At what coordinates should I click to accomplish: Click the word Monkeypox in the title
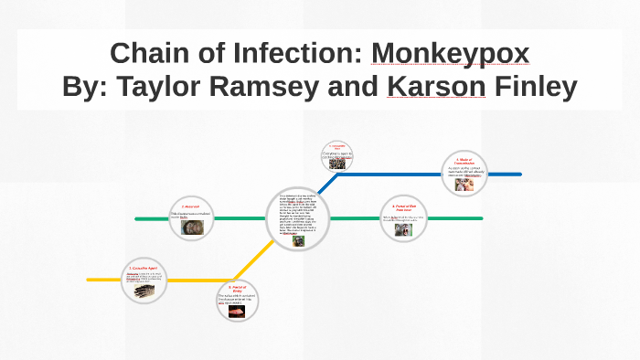click(450, 54)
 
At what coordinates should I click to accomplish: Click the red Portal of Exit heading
click(402, 208)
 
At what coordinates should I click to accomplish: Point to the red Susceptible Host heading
click(337, 148)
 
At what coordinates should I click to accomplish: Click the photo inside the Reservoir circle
click(195, 228)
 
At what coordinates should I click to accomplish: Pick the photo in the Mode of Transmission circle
click(464, 184)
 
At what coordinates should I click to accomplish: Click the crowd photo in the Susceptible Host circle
click(337, 164)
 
